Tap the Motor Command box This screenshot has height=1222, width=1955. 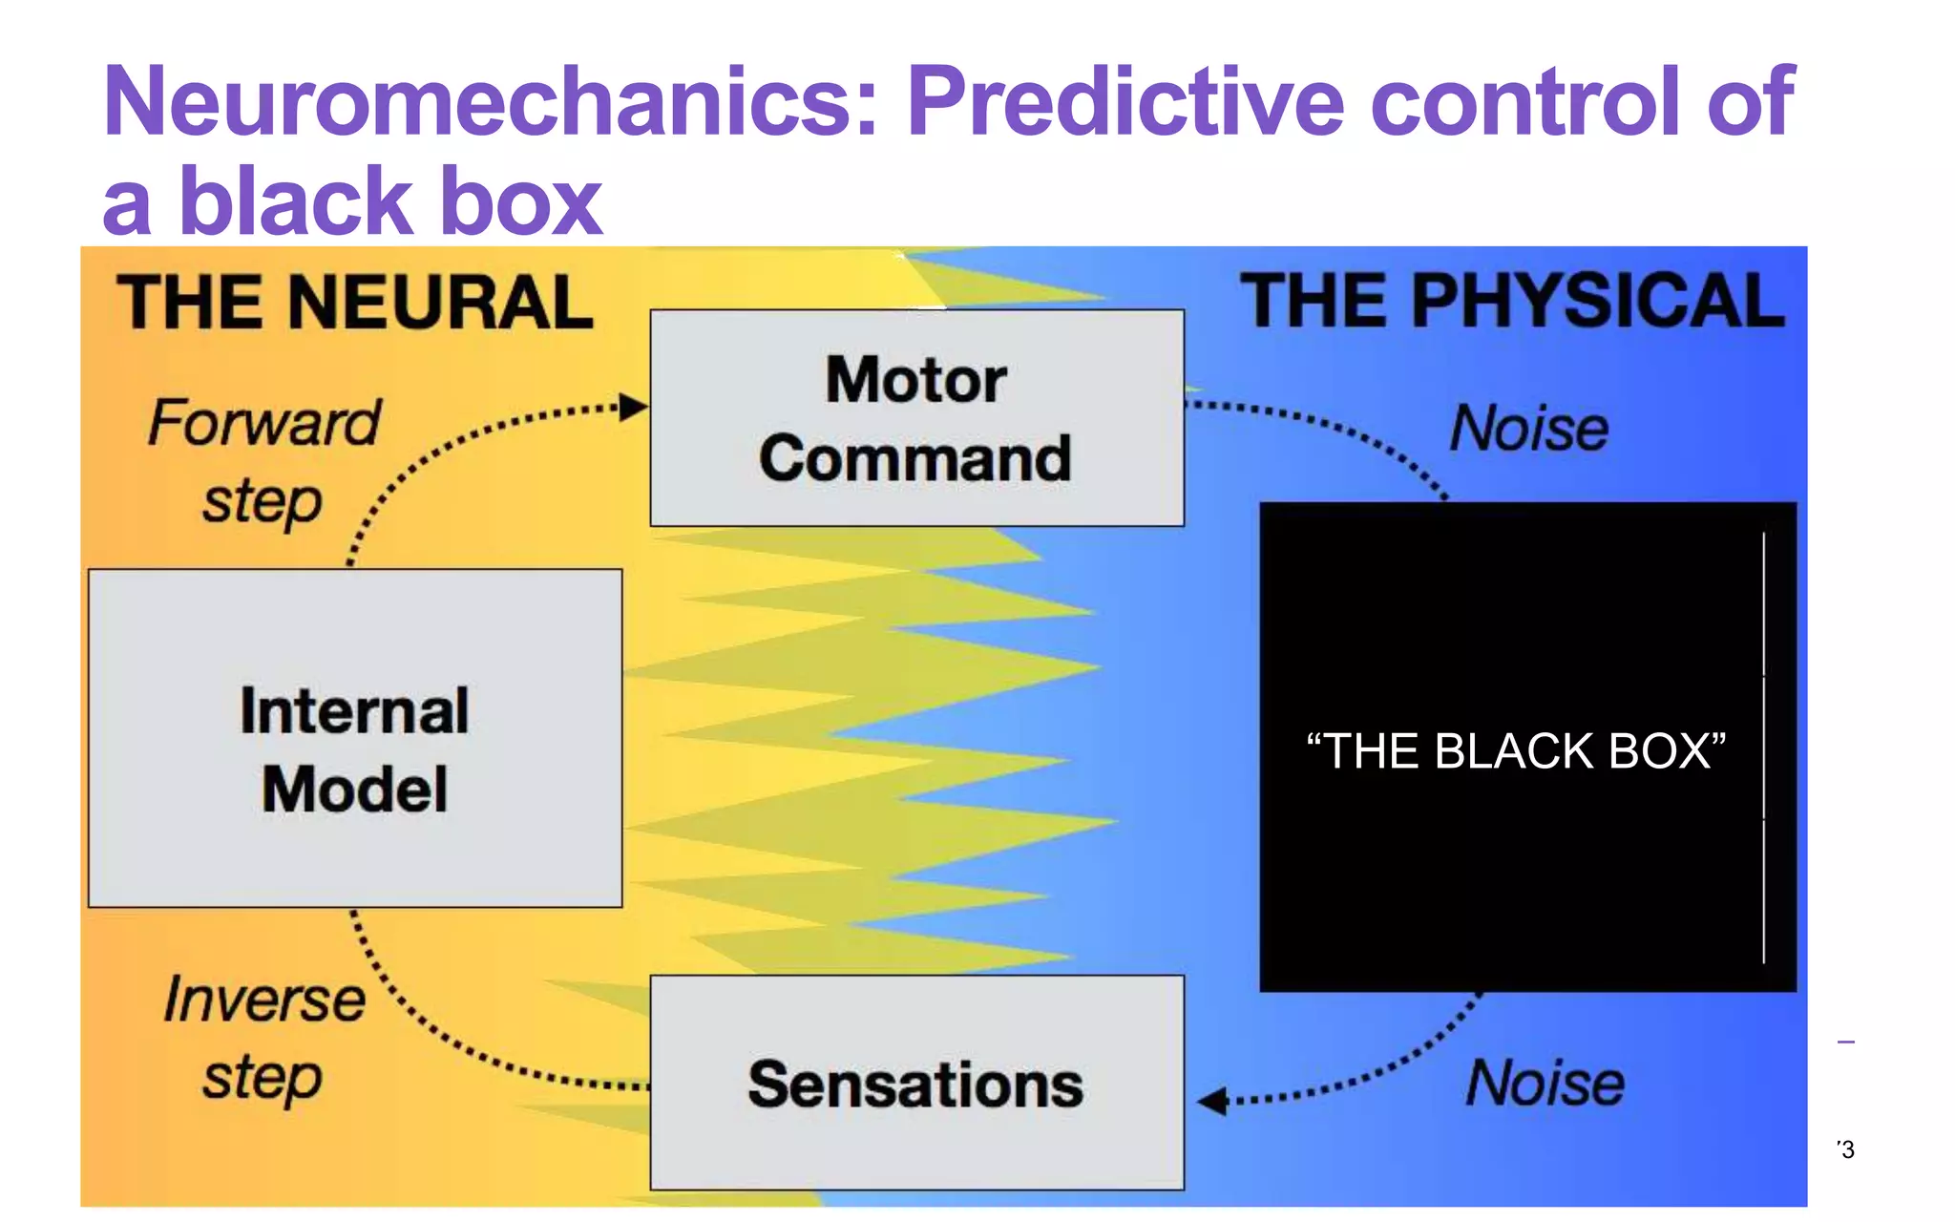(x=916, y=418)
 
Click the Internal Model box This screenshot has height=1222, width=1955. (x=354, y=738)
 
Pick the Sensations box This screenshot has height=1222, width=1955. (x=916, y=1083)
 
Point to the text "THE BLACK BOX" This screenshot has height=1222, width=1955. (x=1516, y=751)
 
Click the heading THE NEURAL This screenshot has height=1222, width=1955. (x=354, y=303)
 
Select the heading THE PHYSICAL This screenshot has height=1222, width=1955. (x=1512, y=302)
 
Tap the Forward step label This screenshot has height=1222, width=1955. (x=263, y=460)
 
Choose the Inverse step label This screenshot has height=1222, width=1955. (x=263, y=1038)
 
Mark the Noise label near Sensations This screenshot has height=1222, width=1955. (x=1545, y=1083)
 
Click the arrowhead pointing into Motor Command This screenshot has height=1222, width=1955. (x=633, y=408)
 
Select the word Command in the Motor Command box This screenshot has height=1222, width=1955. (x=914, y=459)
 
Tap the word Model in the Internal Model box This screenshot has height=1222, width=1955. (x=354, y=790)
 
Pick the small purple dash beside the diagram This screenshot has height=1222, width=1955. (x=1846, y=1042)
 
